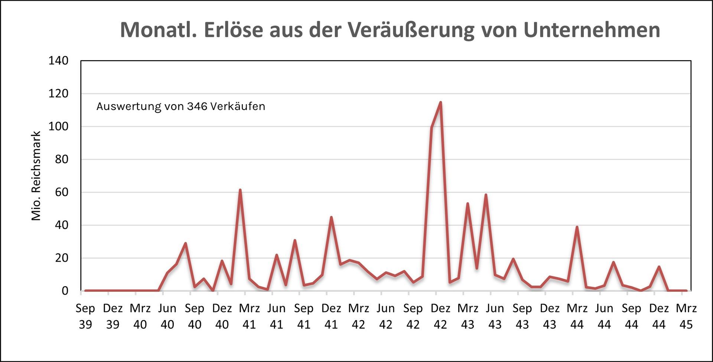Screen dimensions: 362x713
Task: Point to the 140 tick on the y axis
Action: point(58,61)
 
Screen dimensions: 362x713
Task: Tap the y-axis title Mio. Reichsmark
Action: point(36,176)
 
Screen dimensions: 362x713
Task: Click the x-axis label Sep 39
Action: point(85,316)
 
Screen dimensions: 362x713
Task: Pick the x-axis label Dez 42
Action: point(440,316)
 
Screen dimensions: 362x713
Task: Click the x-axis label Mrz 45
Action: point(686,316)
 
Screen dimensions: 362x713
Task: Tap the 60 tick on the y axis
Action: point(62,192)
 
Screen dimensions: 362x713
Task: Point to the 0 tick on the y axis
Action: point(65,291)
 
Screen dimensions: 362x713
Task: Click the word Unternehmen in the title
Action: point(592,30)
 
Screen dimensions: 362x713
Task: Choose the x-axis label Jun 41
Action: point(277,316)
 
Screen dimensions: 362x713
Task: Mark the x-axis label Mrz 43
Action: point(468,316)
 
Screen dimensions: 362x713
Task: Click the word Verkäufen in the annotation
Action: point(238,106)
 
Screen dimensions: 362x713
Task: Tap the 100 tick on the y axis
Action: point(58,126)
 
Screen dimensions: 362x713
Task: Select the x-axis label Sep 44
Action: point(632,316)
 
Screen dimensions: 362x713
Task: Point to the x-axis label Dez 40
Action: point(222,316)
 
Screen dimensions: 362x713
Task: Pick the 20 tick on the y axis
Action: point(62,258)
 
